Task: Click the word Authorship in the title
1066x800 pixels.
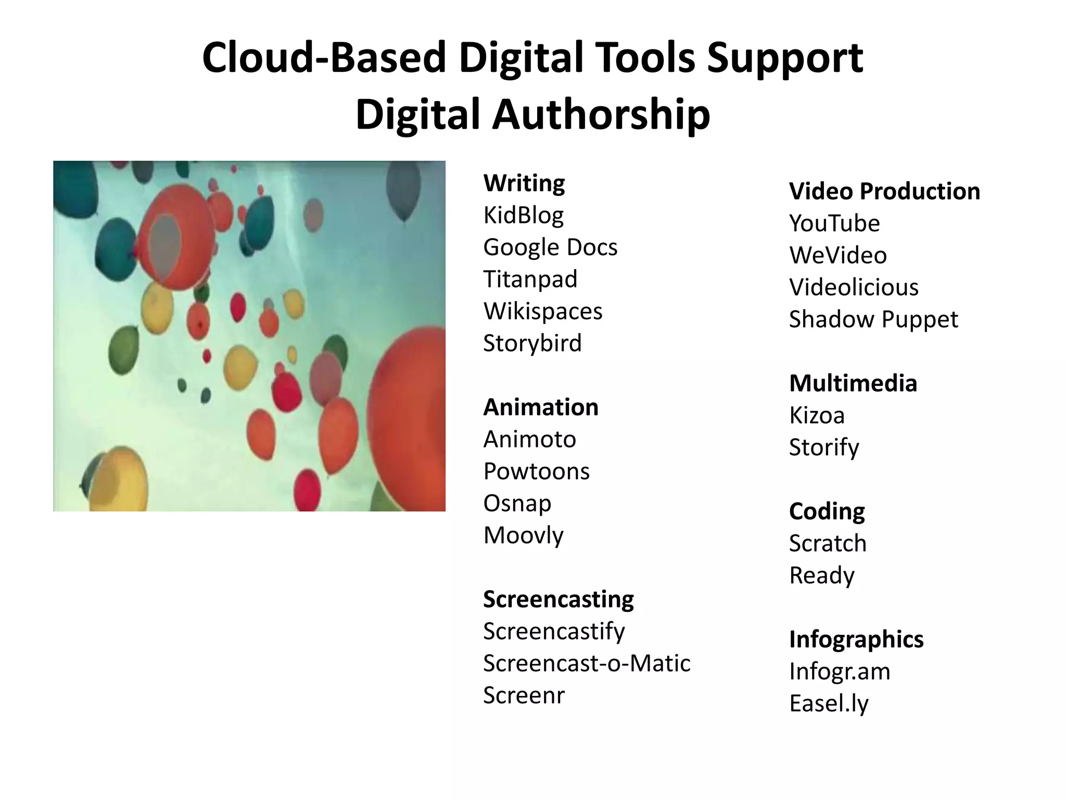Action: coord(601,116)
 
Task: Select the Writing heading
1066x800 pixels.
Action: coord(524,183)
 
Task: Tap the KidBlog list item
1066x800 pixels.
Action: coord(523,216)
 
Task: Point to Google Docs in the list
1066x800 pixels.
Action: coord(550,247)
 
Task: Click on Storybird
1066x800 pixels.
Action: coord(532,343)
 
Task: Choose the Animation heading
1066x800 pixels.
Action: coord(541,407)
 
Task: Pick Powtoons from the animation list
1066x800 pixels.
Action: coord(536,471)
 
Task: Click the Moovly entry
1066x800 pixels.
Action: coord(523,535)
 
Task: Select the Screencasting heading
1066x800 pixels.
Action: coord(558,599)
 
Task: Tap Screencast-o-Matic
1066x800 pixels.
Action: coord(587,664)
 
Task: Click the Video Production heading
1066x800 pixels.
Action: coord(884,191)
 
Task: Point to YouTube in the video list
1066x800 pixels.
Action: coord(834,223)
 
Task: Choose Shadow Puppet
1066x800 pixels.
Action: coord(873,319)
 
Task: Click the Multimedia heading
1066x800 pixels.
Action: coord(853,383)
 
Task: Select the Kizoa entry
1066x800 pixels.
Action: coord(817,416)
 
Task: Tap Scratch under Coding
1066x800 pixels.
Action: coord(828,544)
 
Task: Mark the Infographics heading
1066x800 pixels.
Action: coord(856,640)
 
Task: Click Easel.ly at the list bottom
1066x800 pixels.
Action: coord(829,704)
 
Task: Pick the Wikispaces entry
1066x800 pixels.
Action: coord(543,311)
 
